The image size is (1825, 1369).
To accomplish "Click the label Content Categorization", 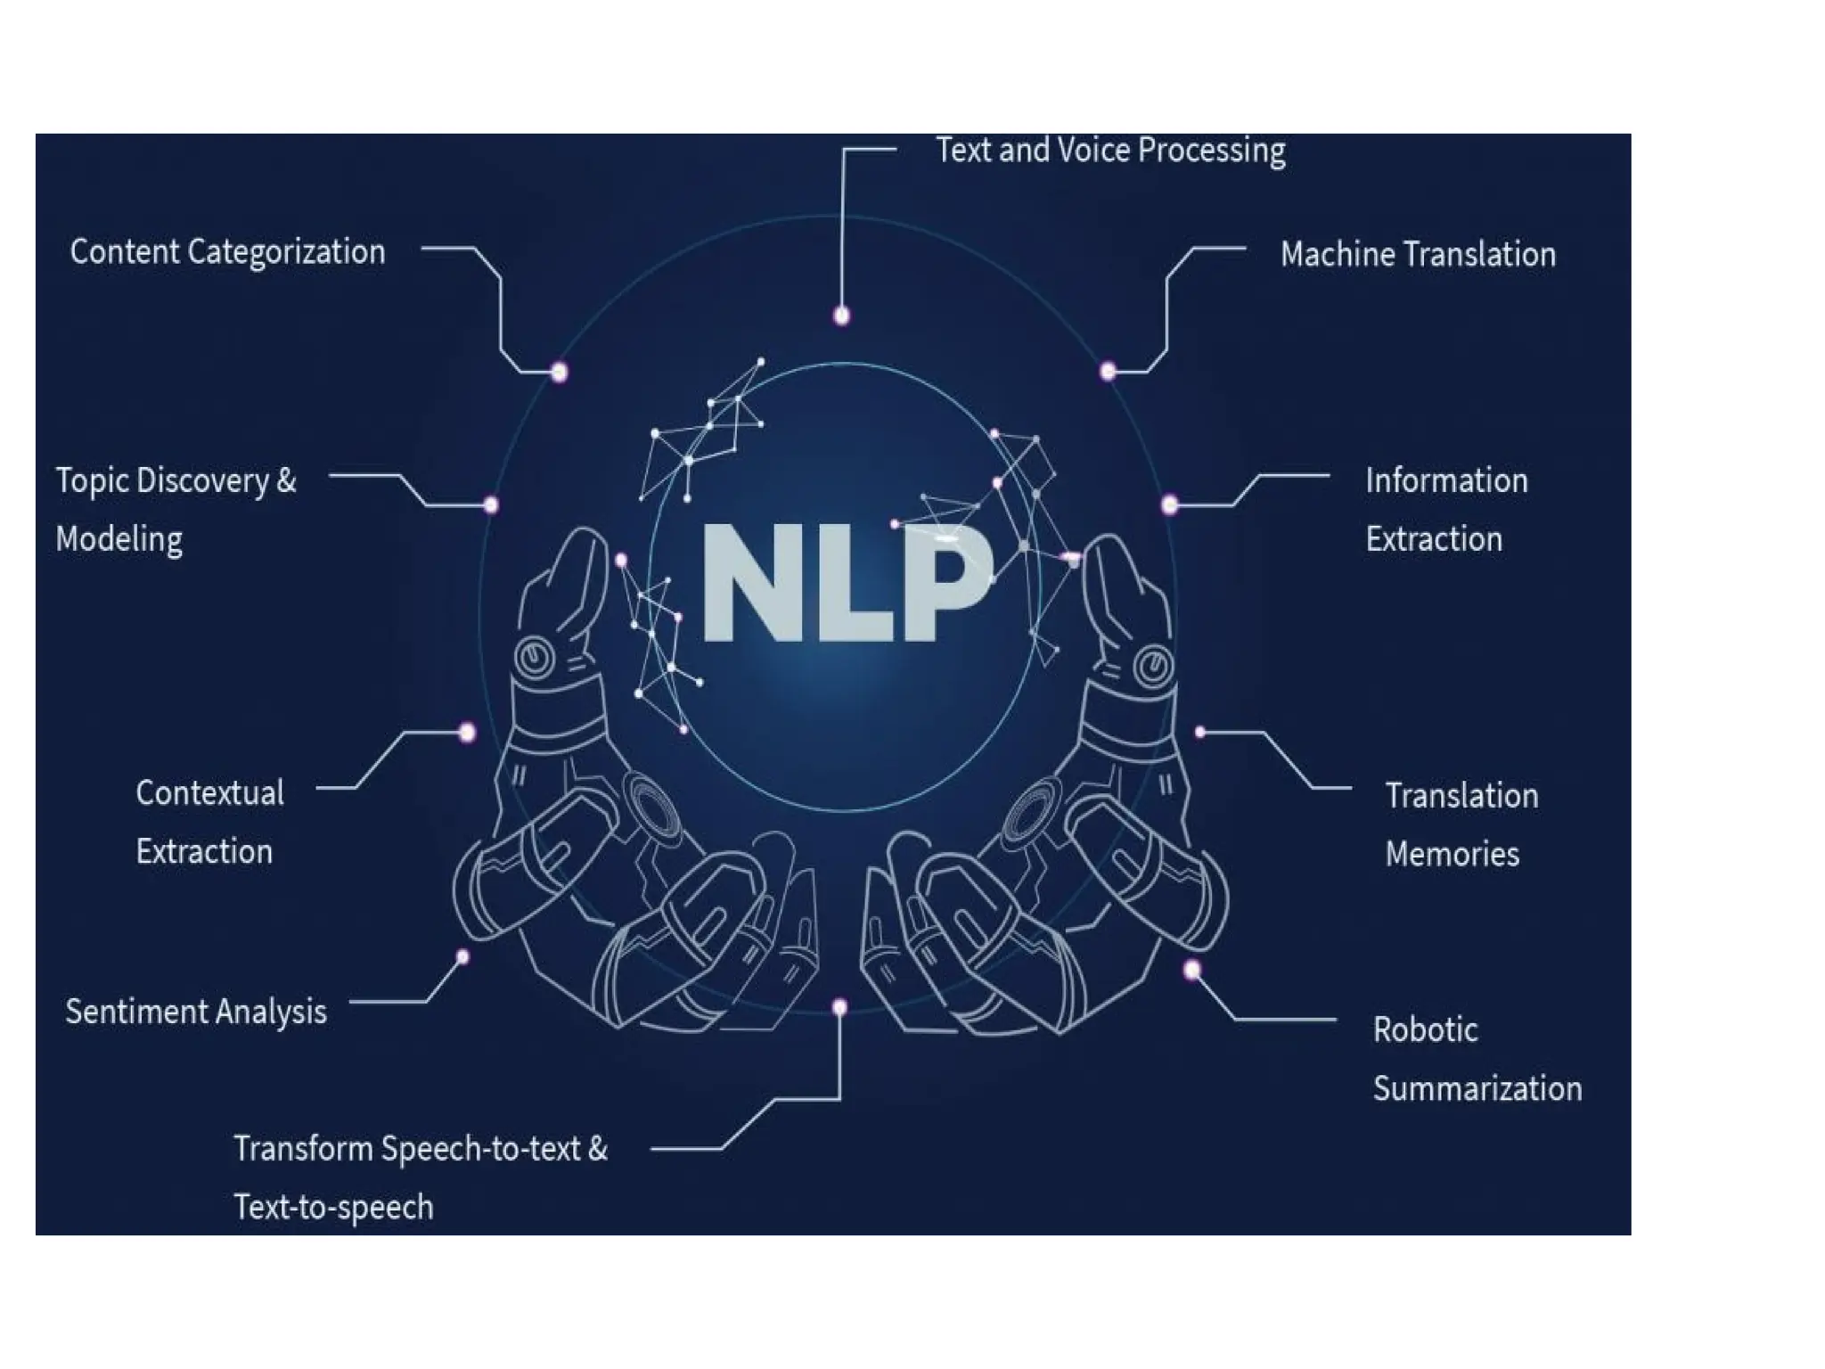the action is tap(227, 252).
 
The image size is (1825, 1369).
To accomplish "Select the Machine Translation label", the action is tap(1418, 255).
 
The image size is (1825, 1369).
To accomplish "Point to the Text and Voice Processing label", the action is tap(1110, 151).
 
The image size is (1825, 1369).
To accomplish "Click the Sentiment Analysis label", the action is tap(196, 1012).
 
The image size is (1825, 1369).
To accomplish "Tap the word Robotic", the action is tap(1425, 1030).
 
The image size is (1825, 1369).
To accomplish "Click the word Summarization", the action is tap(1477, 1089).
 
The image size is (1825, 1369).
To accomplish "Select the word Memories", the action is tap(1452, 855).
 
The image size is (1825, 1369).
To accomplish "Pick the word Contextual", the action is tap(209, 793).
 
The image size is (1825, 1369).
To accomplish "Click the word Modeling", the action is tap(119, 539).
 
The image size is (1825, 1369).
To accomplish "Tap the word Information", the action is tap(1446, 481).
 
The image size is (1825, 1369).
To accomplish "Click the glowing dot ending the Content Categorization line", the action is tap(560, 372).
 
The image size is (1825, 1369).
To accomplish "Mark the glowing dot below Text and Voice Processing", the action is tap(841, 316).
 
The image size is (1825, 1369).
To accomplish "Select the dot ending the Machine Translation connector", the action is tap(1108, 371).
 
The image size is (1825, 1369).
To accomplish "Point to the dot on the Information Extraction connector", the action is tap(1170, 505).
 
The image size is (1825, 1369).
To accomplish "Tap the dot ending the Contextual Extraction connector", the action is tap(467, 733).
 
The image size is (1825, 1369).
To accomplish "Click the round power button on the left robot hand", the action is tap(534, 659).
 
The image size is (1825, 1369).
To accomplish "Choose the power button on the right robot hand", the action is tap(1153, 665).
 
